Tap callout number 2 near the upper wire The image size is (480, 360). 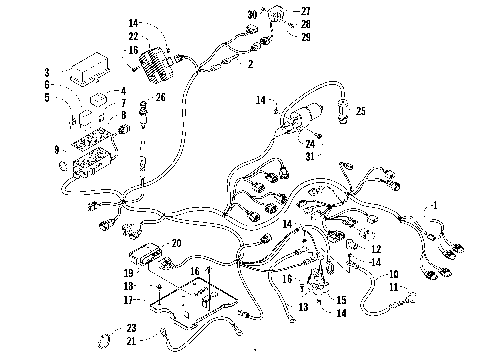[250, 64]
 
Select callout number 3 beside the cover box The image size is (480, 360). [46, 73]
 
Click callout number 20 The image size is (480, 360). [178, 243]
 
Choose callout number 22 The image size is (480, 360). [132, 37]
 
